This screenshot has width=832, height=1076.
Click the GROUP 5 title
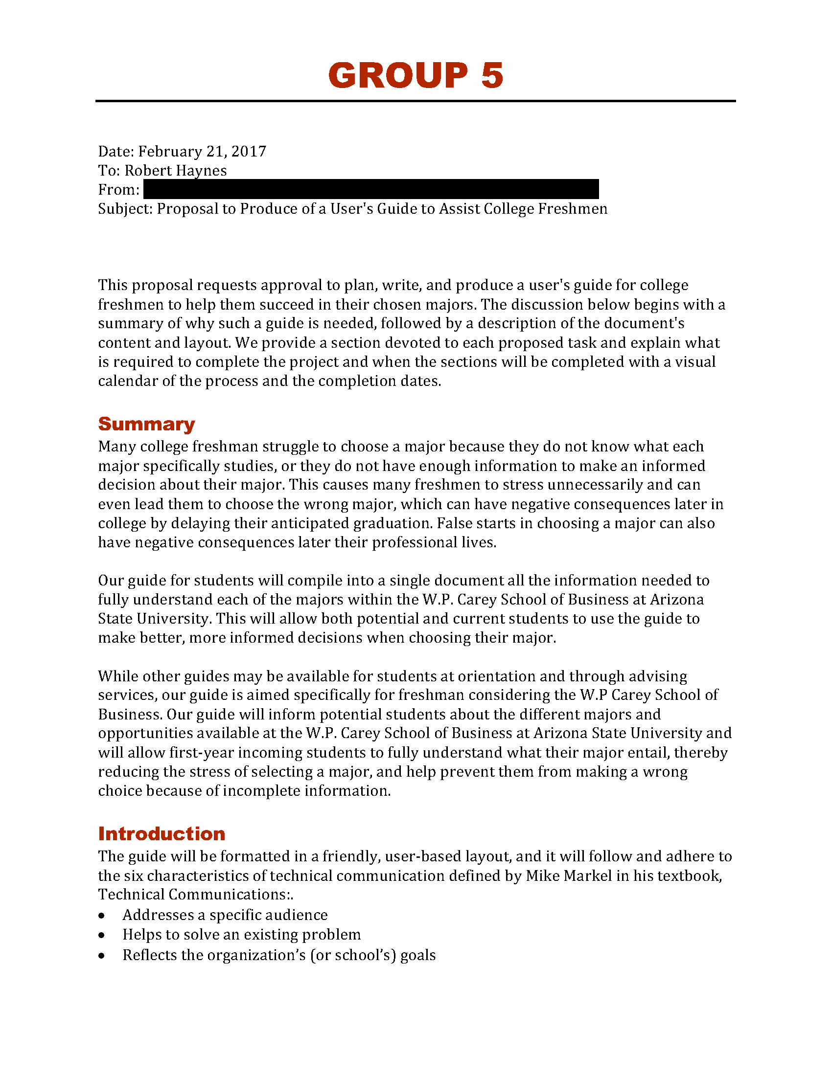(416, 76)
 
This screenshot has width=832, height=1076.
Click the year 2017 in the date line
(249, 151)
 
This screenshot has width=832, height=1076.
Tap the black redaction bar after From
(370, 189)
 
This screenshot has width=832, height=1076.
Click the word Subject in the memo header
(125, 209)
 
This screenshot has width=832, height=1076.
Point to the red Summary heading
(146, 424)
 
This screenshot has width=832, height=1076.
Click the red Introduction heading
(162, 833)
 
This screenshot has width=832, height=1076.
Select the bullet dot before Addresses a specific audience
(101, 916)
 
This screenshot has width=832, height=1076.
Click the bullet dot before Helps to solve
(101, 935)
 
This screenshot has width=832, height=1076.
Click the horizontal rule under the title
(416, 101)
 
